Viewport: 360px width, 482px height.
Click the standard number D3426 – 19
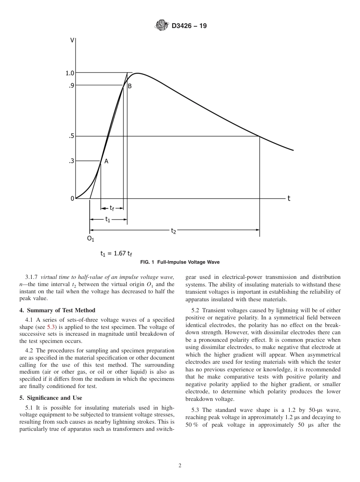pyautogui.click(x=189, y=26)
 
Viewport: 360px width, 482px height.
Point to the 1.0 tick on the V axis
pyautogui.click(x=70, y=73)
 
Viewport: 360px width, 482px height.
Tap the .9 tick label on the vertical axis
pyautogui.click(x=71, y=85)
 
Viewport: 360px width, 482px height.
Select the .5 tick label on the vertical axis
pyautogui.click(x=71, y=136)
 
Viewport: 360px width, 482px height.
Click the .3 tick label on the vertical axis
pyautogui.click(x=71, y=161)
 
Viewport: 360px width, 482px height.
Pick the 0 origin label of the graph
pyautogui.click(x=72, y=198)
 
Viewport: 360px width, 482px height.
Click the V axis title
pyautogui.click(x=72, y=40)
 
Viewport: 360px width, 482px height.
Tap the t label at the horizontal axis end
pyautogui.click(x=289, y=198)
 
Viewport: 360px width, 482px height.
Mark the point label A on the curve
pyautogui.click(x=106, y=161)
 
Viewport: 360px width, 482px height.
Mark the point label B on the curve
pyautogui.click(x=130, y=86)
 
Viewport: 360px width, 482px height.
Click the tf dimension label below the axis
pyautogui.click(x=112, y=208)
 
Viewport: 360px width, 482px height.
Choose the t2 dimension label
pyautogui.click(x=174, y=230)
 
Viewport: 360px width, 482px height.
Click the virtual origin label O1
pyautogui.click(x=91, y=239)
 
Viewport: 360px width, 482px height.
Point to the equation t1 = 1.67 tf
pyautogui.click(x=116, y=254)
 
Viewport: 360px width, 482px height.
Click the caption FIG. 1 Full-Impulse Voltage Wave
pyautogui.click(x=180, y=262)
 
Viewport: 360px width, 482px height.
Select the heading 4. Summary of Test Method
pyautogui.click(x=57, y=310)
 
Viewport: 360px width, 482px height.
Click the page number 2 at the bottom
pyautogui.click(x=180, y=466)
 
